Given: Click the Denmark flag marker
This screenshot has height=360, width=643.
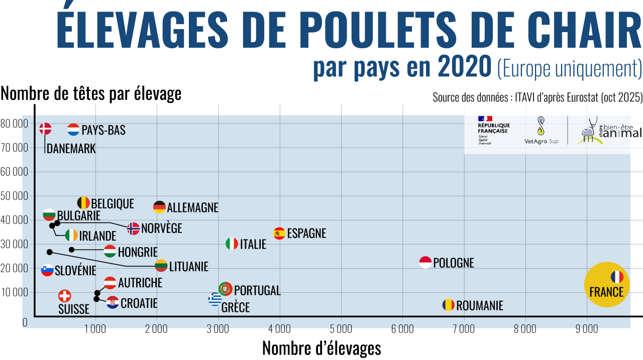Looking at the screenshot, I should pyautogui.click(x=46, y=129).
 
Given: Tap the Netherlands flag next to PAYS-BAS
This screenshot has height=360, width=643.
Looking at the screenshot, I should pyautogui.click(x=73, y=130).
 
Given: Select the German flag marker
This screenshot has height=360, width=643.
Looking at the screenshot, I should pyautogui.click(x=159, y=207).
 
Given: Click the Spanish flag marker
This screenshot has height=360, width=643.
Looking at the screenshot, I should pyautogui.click(x=279, y=233).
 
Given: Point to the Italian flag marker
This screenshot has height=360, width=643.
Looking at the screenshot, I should pyautogui.click(x=232, y=244).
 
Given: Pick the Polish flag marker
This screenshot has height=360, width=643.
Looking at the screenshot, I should pyautogui.click(x=425, y=262).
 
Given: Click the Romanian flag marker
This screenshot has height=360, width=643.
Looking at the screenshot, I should pyautogui.click(x=448, y=305).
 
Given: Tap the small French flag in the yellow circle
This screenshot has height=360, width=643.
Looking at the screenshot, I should pyautogui.click(x=617, y=277).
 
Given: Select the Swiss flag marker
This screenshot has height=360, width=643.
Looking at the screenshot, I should pyautogui.click(x=65, y=296).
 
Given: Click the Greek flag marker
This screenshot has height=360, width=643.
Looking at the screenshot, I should pyautogui.click(x=215, y=299).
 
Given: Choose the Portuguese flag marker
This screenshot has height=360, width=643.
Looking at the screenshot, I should pyautogui.click(x=226, y=289).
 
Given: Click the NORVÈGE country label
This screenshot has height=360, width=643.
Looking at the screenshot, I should pyautogui.click(x=161, y=228).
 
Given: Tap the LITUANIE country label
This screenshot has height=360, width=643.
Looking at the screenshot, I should pyautogui.click(x=188, y=267).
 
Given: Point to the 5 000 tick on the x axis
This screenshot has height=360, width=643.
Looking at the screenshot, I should pyautogui.click(x=341, y=329).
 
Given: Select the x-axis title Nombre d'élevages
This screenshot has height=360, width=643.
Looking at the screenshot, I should pyautogui.click(x=321, y=348).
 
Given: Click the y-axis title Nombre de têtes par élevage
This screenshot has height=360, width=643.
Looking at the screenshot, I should pyautogui.click(x=91, y=93).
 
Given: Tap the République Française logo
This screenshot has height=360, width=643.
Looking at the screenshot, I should pyautogui.click(x=493, y=130).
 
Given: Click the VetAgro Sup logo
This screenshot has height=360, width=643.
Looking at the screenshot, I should pyautogui.click(x=541, y=132).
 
